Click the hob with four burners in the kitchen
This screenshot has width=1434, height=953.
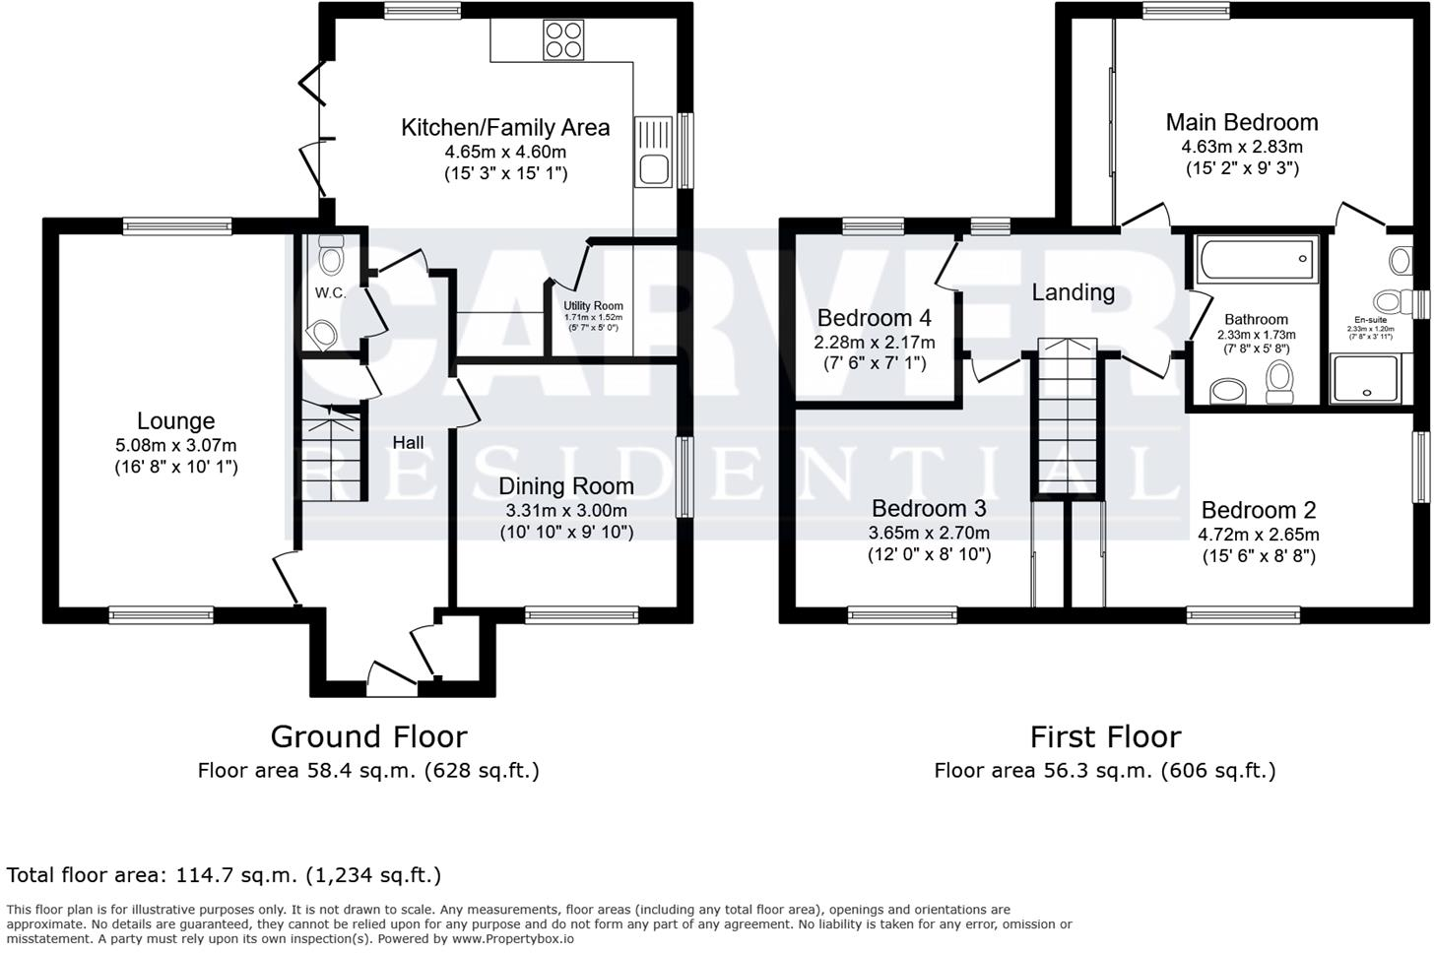562,39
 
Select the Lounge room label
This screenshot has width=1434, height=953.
175,421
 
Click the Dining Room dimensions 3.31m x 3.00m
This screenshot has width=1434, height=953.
566,511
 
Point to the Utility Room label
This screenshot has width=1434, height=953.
593,306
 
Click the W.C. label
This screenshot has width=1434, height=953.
330,293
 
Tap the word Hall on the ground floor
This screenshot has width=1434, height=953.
408,443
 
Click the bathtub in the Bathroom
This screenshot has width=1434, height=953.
1257,260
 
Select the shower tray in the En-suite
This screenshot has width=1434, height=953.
1364,380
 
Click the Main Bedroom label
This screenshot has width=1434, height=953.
1241,122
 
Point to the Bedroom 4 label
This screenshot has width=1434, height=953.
874,318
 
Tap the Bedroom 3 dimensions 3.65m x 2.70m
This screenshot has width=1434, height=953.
929,533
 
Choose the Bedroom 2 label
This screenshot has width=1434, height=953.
1258,510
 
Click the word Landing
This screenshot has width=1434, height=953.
1073,292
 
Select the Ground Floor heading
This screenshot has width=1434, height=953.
368,736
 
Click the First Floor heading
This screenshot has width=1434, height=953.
1104,736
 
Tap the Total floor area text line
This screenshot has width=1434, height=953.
224,874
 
